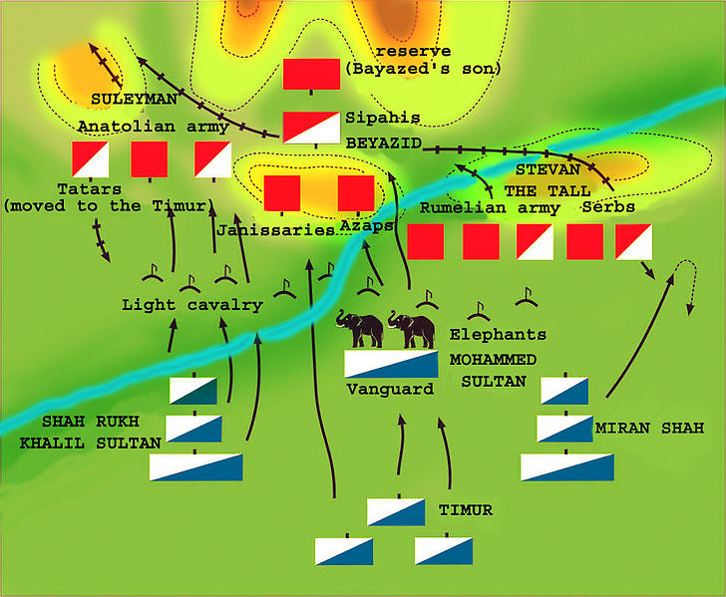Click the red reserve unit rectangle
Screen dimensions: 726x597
pos(311,75)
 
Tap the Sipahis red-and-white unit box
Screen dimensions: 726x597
pos(311,126)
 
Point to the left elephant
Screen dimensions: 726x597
pos(360,328)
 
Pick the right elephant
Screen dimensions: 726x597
pos(412,328)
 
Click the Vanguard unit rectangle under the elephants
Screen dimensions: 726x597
pos(391,365)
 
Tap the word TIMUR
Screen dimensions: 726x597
pos(466,510)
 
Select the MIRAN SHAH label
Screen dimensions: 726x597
pos(649,429)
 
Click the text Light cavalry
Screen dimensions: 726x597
pos(191,305)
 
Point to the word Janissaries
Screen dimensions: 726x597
pos(275,230)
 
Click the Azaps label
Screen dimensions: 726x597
pos(366,227)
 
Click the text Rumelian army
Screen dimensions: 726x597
pos(488,208)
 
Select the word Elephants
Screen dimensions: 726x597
pos(498,335)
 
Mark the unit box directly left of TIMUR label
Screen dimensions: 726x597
pos(396,511)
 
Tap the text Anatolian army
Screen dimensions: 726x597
pos(153,127)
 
